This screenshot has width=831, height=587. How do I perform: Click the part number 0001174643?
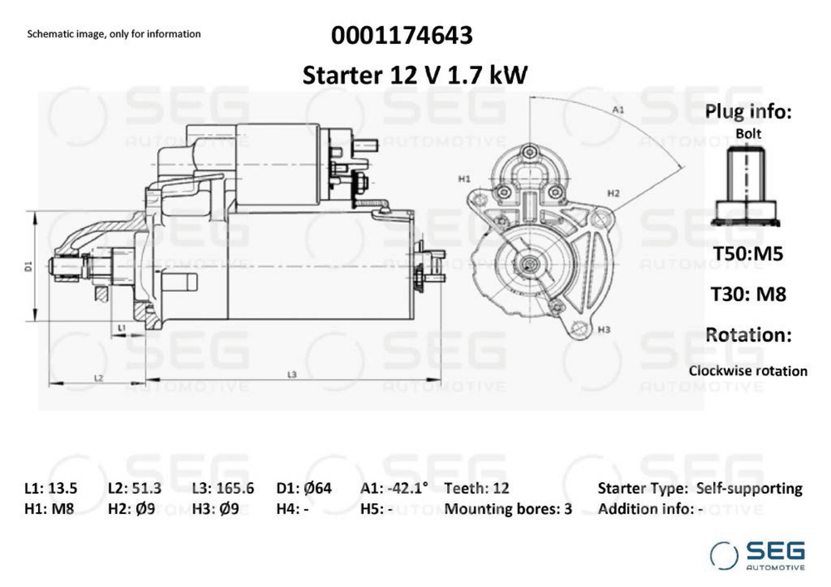pyautogui.click(x=401, y=36)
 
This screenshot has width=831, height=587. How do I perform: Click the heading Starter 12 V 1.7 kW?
pyautogui.click(x=415, y=75)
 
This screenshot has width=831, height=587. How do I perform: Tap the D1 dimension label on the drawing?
pyautogui.click(x=28, y=266)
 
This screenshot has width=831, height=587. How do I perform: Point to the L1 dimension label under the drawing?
pyautogui.click(x=121, y=328)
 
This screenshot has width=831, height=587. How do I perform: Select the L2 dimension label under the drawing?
pyautogui.click(x=99, y=377)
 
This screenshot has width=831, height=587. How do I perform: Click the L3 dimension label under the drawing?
pyautogui.click(x=292, y=374)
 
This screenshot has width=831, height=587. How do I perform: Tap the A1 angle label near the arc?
pyautogui.click(x=618, y=110)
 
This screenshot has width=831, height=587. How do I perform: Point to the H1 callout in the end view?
pyautogui.click(x=465, y=179)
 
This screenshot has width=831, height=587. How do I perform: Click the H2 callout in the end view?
pyautogui.click(x=613, y=193)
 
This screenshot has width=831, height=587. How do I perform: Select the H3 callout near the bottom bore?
pyautogui.click(x=604, y=329)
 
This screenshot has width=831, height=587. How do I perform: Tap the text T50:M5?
pyautogui.click(x=748, y=254)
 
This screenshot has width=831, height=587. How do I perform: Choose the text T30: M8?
pyautogui.click(x=748, y=293)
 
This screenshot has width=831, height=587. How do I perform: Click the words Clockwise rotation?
pyautogui.click(x=748, y=371)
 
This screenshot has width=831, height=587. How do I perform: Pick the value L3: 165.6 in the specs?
pyautogui.click(x=223, y=488)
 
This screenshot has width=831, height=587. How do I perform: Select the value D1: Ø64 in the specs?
pyautogui.click(x=304, y=488)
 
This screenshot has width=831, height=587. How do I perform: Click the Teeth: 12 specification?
pyautogui.click(x=476, y=488)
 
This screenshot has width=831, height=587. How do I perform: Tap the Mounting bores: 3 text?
pyautogui.click(x=509, y=509)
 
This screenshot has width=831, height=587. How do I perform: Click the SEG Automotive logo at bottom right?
pyautogui.click(x=757, y=555)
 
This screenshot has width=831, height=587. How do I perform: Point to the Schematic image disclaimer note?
pyautogui.click(x=114, y=34)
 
